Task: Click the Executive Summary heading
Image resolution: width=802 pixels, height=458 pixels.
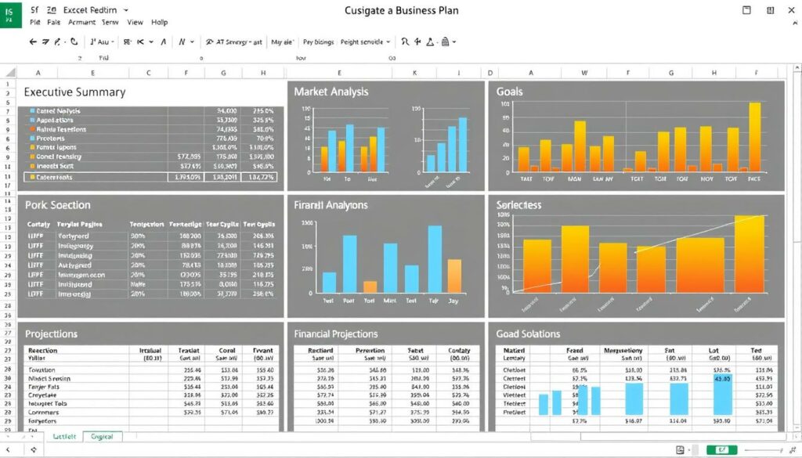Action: click(74, 92)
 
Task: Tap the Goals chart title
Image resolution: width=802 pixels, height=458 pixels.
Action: click(510, 92)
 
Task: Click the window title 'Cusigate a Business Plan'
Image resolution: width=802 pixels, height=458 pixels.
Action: click(401, 11)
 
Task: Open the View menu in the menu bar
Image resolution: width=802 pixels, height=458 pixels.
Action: click(135, 23)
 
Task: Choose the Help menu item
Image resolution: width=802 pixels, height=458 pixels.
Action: click(160, 23)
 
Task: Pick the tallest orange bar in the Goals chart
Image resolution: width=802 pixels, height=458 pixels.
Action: click(754, 137)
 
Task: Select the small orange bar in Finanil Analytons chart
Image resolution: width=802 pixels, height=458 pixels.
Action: click(370, 287)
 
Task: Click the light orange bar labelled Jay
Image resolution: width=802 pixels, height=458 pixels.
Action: click(454, 276)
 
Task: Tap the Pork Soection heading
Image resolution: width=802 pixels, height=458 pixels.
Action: click(57, 205)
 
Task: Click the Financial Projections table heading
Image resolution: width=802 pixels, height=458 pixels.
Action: click(335, 334)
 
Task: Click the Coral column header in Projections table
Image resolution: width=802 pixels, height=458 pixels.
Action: click(227, 351)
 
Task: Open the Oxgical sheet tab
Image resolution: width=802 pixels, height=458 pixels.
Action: click(101, 436)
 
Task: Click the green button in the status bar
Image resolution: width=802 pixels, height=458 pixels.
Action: click(721, 450)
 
